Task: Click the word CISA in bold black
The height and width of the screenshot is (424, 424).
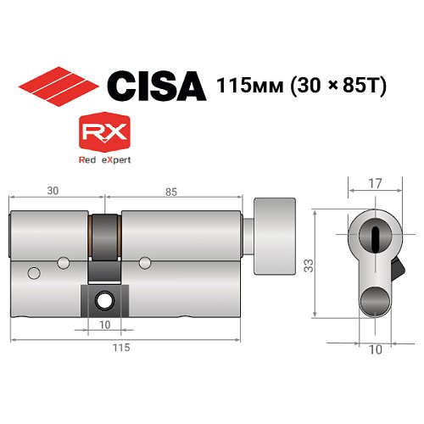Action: [156, 86]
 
